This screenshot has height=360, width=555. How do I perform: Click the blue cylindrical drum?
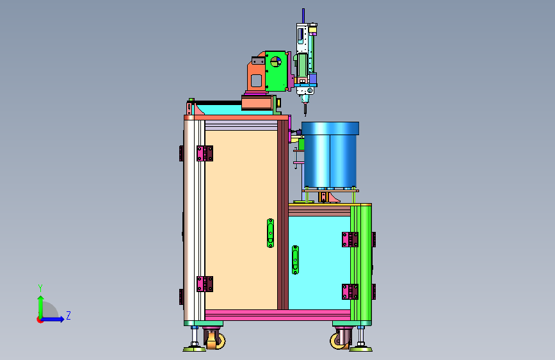[x=330, y=154]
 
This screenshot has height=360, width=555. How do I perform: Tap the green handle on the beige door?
[x=270, y=233]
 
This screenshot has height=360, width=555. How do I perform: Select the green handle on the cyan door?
[x=295, y=259]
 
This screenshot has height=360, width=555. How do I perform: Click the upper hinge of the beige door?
[x=205, y=154]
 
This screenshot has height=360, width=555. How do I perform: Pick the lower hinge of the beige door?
[x=205, y=284]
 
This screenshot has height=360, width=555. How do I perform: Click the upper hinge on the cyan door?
[x=350, y=240]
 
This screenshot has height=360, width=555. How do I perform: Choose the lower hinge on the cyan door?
[x=350, y=291]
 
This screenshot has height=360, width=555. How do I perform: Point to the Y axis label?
[x=40, y=288]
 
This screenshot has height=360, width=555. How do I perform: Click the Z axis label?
[x=68, y=315]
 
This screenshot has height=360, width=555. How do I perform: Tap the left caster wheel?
[x=214, y=339]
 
